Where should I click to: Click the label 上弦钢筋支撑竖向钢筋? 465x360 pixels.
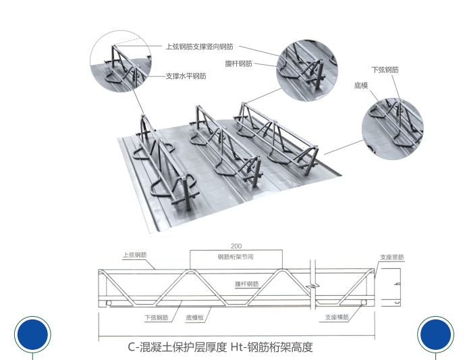tap(200, 47)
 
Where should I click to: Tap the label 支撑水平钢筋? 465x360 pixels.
tap(186, 76)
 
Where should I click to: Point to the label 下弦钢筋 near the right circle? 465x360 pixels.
tap(385, 70)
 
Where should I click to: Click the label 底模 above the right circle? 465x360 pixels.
tap(360, 86)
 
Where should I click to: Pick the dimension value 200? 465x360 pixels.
tap(236, 247)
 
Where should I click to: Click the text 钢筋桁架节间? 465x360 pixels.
tap(236, 257)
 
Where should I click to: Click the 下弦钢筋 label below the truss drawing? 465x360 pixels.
tap(156, 317)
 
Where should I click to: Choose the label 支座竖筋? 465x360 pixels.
tap(391, 257)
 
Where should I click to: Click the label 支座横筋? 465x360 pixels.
tap(337, 317)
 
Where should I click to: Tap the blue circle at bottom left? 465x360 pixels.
tap(32, 334)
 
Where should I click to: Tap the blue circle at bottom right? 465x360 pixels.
tap(436, 334)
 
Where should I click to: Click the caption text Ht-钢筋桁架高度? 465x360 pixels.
tap(271, 348)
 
